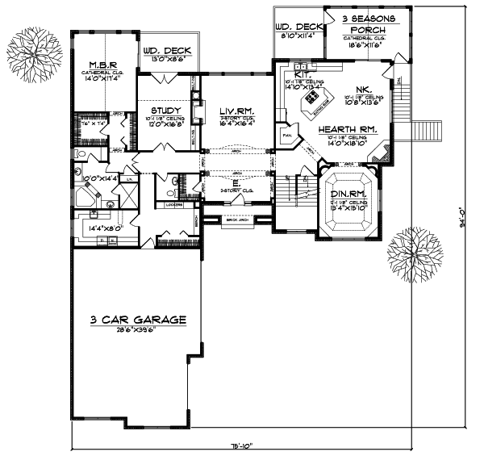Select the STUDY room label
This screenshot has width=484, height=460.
(x=163, y=110)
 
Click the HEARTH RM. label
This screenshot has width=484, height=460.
(x=348, y=129)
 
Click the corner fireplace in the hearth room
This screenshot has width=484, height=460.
(x=386, y=152)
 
